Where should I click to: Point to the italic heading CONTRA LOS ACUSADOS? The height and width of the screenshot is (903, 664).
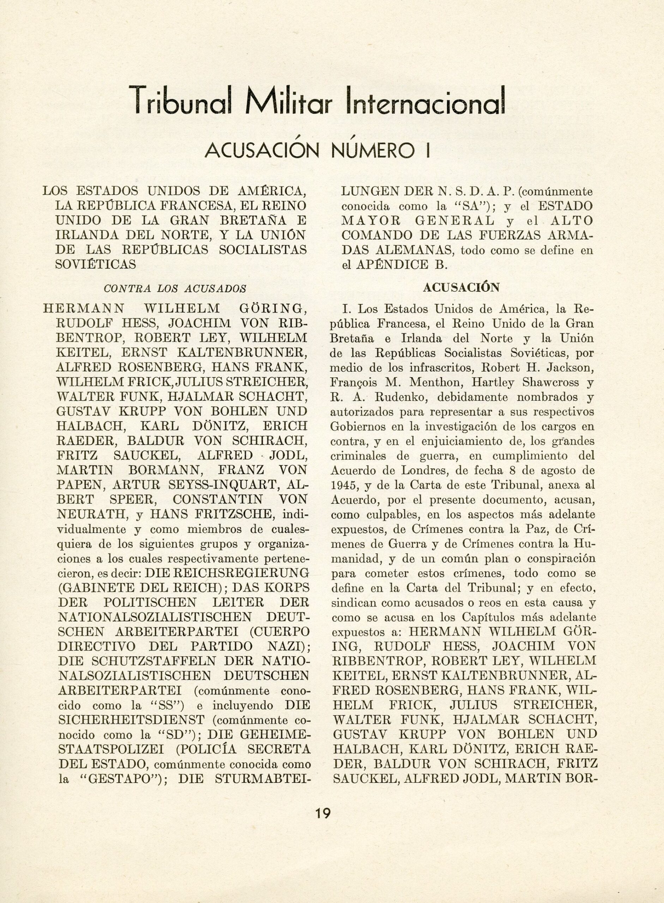[175, 289]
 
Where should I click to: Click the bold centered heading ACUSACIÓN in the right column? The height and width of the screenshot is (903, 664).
[461, 287]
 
